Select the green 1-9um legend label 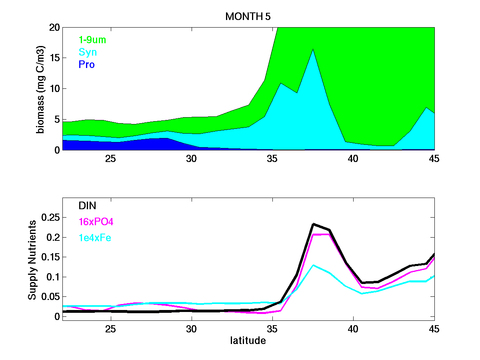pyautogui.click(x=92, y=40)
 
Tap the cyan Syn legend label pyautogui.click(x=88, y=52)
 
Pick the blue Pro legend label pyautogui.click(x=87, y=65)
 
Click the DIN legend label pyautogui.click(x=87, y=206)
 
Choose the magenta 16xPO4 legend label pyautogui.click(x=96, y=222)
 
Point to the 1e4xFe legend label pyautogui.click(x=95, y=238)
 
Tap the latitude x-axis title pyautogui.click(x=248, y=341)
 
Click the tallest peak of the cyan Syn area pyautogui.click(x=313, y=49)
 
